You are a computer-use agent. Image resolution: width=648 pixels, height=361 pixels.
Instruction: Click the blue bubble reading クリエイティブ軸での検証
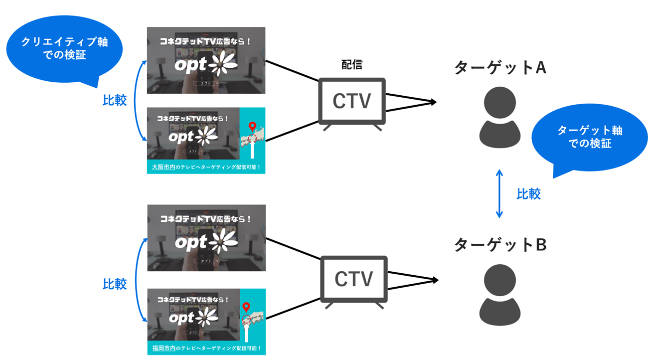(64, 49)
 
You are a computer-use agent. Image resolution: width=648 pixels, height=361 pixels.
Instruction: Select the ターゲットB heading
(500, 245)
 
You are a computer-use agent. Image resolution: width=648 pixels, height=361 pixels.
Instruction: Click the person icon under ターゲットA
(500, 117)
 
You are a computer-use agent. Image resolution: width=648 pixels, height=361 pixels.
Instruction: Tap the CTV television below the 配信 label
(352, 102)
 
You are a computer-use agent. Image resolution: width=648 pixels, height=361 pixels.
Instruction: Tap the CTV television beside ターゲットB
(353, 280)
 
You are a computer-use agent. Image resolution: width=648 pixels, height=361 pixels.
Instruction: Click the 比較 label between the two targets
(528, 193)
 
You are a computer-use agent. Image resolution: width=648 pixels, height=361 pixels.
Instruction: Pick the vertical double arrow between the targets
(499, 193)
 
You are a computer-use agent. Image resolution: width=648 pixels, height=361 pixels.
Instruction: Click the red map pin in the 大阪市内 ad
(252, 127)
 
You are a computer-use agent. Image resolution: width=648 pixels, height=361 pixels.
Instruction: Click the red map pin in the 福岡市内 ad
(246, 307)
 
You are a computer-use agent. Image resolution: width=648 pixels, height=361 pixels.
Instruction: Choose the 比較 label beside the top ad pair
(115, 101)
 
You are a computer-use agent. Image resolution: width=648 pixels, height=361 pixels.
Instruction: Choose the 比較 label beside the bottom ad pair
(115, 284)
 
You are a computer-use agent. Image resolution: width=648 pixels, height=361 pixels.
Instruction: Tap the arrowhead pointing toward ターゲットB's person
(434, 280)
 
